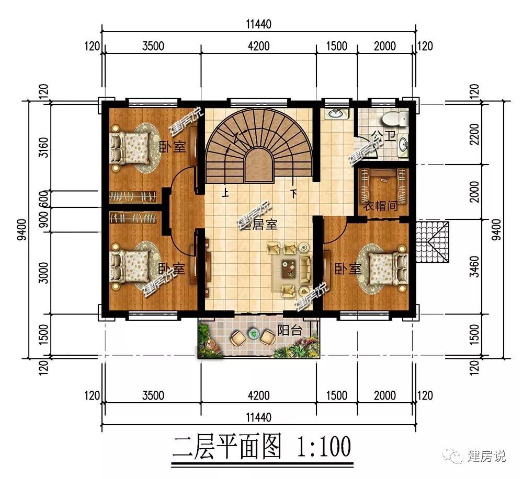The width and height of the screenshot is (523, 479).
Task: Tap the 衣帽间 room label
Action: tap(381, 206)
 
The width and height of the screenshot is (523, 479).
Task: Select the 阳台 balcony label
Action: tap(290, 330)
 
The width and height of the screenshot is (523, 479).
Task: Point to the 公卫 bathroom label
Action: tap(383, 136)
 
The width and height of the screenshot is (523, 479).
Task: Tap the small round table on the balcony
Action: tap(253, 333)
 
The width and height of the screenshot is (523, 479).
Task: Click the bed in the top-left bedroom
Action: tap(131, 147)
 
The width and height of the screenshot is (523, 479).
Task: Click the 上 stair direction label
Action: tap(225, 193)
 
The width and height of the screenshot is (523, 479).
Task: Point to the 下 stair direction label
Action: tap(293, 193)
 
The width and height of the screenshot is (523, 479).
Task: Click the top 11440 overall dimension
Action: tap(259, 25)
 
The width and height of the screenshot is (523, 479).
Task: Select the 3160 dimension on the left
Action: tap(44, 147)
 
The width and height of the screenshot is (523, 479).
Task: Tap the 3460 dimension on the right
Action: tap(474, 266)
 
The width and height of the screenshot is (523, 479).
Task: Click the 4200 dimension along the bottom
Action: tap(259, 395)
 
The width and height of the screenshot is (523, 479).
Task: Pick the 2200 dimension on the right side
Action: tap(474, 134)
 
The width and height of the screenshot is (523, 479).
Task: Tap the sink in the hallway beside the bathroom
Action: tap(335, 113)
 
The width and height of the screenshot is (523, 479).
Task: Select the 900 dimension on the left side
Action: tap(44, 220)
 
